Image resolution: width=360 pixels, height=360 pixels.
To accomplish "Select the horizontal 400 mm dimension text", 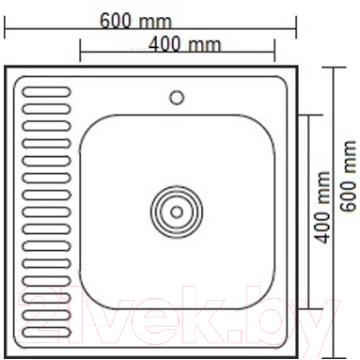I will pos(186,44).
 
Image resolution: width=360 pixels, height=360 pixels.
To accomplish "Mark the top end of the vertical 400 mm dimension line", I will pos(310,113).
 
